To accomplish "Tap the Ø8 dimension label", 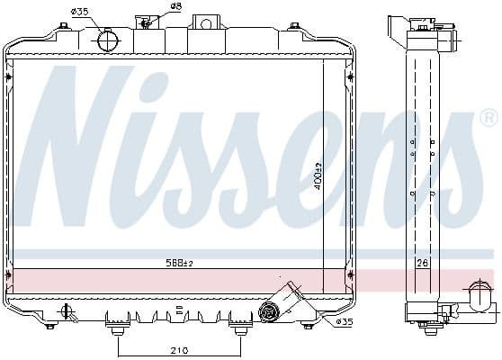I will click(x=175, y=7).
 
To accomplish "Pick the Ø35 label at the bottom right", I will click(x=345, y=320).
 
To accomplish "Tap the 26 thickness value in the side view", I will click(x=422, y=264).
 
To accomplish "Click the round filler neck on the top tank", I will click(x=108, y=40).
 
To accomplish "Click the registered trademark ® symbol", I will click(x=488, y=117).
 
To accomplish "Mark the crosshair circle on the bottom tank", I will click(x=67, y=313).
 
